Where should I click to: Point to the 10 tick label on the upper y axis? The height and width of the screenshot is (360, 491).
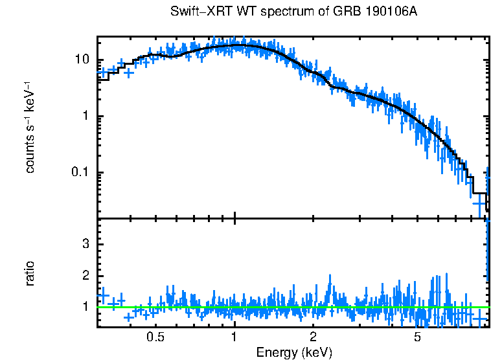(82, 60)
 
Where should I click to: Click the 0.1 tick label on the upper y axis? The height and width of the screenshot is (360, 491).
(80, 173)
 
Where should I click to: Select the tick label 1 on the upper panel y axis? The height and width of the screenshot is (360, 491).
(86, 117)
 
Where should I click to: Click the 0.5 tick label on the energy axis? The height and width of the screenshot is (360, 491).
(155, 337)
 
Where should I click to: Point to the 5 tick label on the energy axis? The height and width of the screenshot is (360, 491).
(417, 337)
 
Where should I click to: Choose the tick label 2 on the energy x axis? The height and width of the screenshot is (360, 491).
(313, 337)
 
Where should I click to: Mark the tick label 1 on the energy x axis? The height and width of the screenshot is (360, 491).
(234, 337)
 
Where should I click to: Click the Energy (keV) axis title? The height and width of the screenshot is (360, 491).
(294, 352)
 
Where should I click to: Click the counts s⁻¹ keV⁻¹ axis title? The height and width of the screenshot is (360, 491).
(30, 127)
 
